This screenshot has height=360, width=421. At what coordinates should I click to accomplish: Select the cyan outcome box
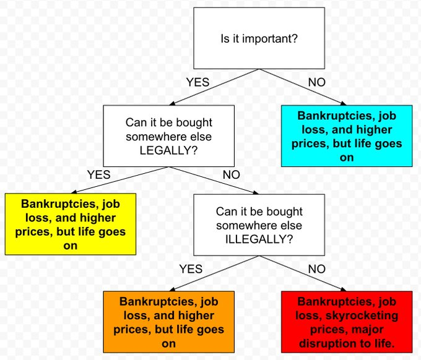coord(346,136)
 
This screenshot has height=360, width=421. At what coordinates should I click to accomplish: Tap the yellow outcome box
coord(70,224)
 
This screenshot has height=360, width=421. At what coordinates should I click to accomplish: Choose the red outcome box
coord(346,320)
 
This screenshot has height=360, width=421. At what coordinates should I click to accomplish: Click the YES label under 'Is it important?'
coord(197,82)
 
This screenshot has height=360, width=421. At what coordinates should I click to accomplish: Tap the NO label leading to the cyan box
coord(316,82)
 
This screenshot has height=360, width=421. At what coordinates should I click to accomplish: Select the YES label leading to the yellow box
coord(98,174)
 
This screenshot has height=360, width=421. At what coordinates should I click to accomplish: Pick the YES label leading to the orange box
coord(191,268)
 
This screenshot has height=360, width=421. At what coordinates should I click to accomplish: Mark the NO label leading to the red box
coord(316,268)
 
